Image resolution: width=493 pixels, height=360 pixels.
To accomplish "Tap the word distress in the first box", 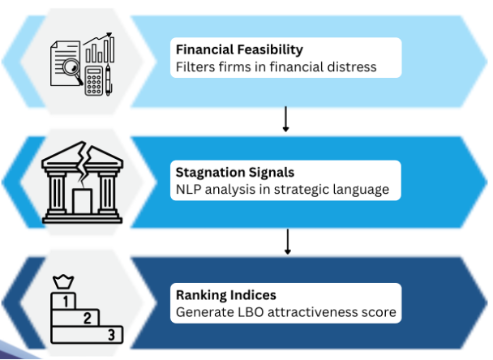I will click(350, 66).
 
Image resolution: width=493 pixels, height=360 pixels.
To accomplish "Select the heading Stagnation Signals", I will click(235, 172).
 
